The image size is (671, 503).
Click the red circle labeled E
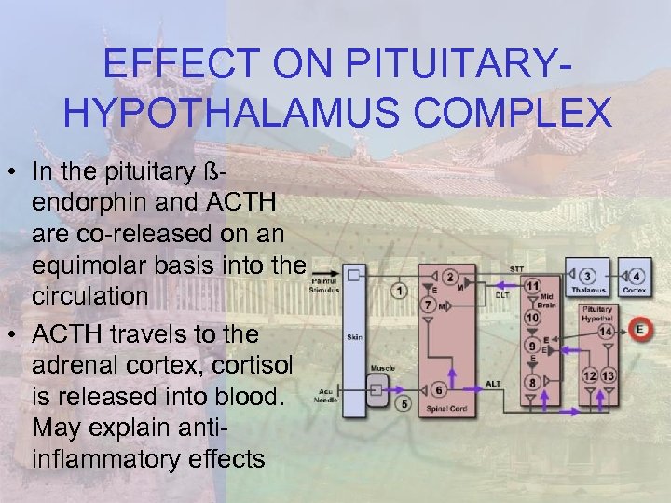pyautogui.click(x=640, y=329)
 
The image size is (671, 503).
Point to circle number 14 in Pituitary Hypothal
pyautogui.click(x=607, y=332)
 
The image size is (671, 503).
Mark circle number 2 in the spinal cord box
pyautogui.click(x=450, y=277)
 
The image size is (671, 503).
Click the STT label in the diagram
pyautogui.click(x=516, y=268)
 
